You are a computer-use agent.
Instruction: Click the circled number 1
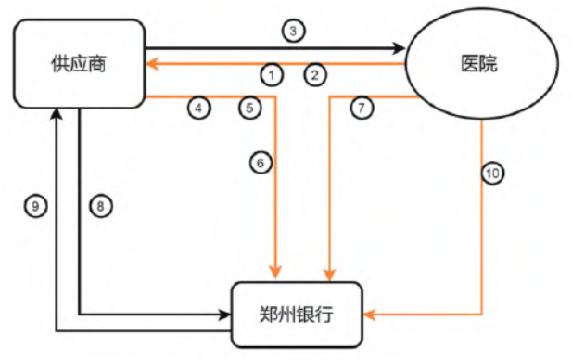tap(271, 73)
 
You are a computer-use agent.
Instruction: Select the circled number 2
tap(315, 73)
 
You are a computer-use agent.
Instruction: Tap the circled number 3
tap(293, 31)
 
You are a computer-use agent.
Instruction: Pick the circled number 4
tap(198, 108)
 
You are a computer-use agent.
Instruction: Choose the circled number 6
tap(261, 162)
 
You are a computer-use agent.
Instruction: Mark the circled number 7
tap(362, 108)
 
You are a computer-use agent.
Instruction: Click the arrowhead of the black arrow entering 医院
tap(402, 47)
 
